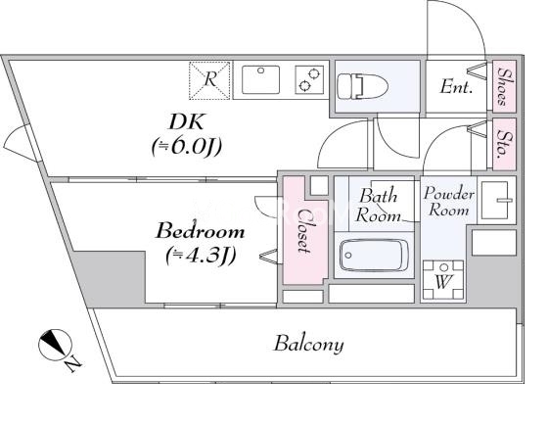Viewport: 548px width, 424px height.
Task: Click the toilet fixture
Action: (x=362, y=85)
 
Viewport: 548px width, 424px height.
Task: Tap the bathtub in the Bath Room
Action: (x=374, y=255)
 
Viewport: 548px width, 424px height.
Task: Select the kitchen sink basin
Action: (x=260, y=79)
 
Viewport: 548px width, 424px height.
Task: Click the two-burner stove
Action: (x=309, y=79)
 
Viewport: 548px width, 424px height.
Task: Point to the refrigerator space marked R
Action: (x=209, y=80)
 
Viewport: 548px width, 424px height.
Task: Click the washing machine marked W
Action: (x=442, y=279)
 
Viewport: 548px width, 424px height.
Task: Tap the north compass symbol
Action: (x=55, y=345)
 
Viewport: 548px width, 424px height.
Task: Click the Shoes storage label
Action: (x=504, y=86)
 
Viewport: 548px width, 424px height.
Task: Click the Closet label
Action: (x=303, y=231)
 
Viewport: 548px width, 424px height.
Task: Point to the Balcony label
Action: (x=309, y=344)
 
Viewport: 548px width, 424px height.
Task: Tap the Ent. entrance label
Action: (x=456, y=86)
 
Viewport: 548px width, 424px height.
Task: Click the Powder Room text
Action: (x=449, y=202)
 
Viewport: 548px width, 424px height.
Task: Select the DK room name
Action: (x=186, y=121)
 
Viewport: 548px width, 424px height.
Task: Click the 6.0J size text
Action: (x=187, y=147)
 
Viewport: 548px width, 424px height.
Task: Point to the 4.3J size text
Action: (x=200, y=257)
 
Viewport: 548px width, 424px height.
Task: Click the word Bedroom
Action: (x=200, y=231)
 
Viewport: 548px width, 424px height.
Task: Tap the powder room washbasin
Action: (x=497, y=200)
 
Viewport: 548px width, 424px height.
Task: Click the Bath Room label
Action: (x=378, y=206)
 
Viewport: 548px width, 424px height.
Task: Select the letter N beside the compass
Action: (x=73, y=364)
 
